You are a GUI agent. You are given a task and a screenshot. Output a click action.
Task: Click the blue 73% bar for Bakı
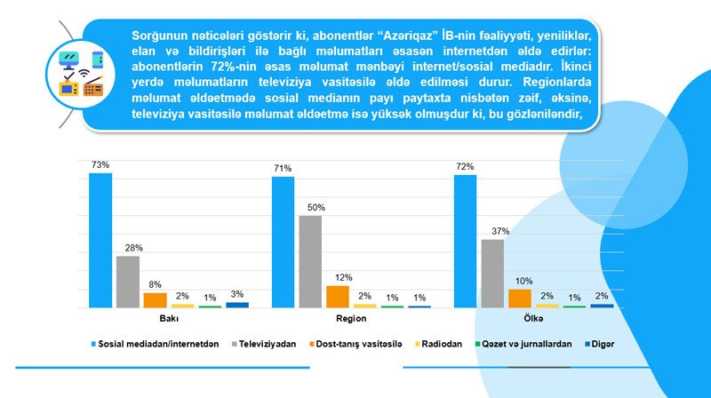pos(100,240)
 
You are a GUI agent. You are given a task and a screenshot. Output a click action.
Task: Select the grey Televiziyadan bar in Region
pos(310,261)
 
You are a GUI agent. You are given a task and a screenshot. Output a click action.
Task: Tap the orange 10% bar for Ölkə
pos(520,298)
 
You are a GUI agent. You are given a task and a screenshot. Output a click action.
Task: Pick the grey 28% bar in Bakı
pos(128,282)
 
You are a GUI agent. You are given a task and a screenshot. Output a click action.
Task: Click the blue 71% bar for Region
pos(283,242)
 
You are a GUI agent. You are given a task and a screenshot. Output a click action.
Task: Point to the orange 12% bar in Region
pos(338,297)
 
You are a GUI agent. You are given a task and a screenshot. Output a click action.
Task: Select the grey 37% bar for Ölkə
pos(492,274)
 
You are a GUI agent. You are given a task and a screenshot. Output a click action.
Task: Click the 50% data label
pos(316,207)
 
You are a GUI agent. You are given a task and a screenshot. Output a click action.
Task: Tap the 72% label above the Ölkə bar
pos(465,166)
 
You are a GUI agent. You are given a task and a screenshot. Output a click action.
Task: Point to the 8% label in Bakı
pos(155,285)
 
